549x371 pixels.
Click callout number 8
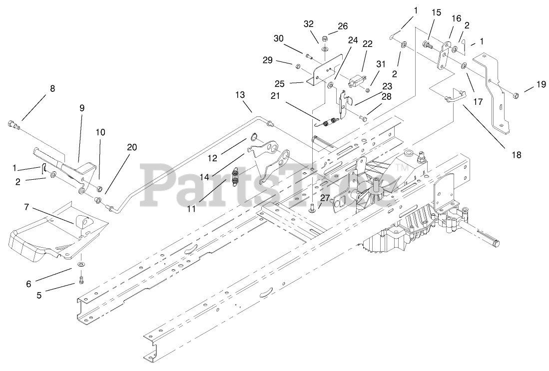52,89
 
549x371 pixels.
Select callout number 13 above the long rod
240,94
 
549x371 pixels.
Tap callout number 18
516,155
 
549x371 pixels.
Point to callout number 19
542,84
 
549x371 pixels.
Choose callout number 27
325,198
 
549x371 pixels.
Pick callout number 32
308,23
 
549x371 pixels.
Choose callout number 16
456,18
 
